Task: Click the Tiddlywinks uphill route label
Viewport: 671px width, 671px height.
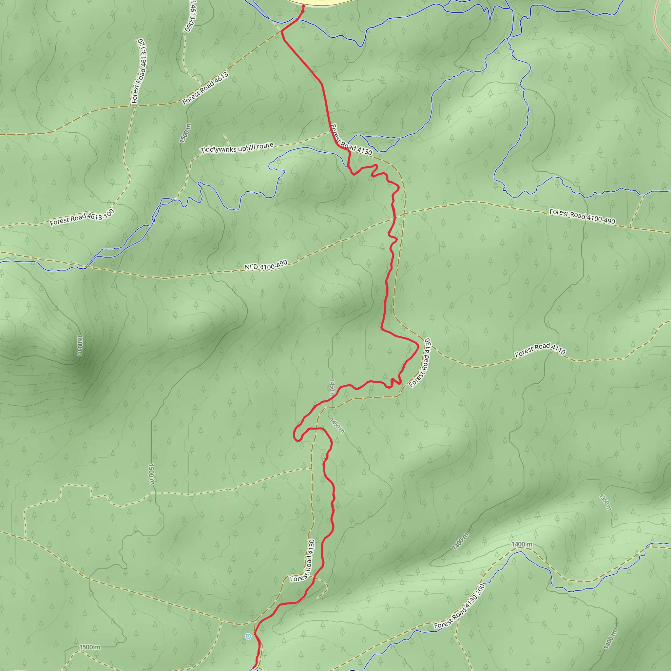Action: point(237,148)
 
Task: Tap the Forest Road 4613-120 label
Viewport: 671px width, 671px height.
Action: point(139,71)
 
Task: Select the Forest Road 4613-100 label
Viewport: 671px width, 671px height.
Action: point(82,218)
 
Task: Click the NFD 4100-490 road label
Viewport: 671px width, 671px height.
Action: point(266,265)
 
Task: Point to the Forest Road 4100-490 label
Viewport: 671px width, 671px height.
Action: point(582,216)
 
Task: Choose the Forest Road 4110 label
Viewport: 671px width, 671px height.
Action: point(540,350)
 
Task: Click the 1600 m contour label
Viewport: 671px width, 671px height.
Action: point(80,345)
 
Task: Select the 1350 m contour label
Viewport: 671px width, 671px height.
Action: point(605,502)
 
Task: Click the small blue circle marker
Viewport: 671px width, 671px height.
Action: point(248,636)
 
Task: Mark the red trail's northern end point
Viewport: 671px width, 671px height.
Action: point(303,6)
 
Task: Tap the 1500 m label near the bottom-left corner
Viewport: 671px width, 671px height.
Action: point(89,647)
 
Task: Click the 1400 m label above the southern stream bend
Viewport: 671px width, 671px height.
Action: point(522,544)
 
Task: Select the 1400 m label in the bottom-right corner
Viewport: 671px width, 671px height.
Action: point(610,640)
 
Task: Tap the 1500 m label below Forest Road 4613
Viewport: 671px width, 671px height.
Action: point(185,133)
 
